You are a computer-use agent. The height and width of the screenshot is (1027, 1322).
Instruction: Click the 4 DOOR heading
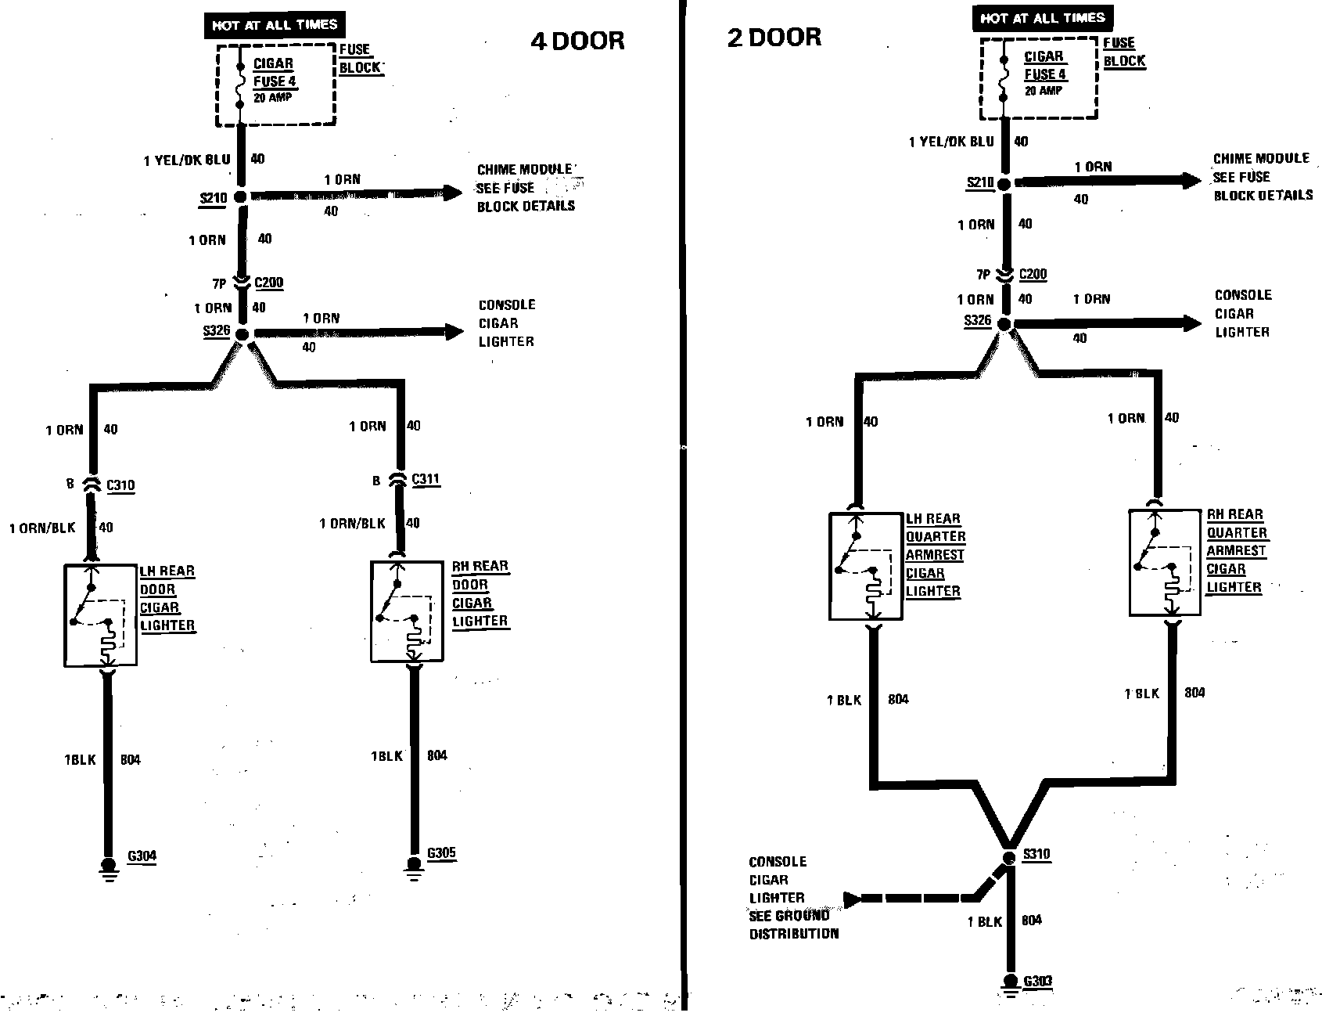click(577, 41)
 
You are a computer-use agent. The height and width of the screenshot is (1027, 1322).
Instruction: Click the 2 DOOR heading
click(774, 37)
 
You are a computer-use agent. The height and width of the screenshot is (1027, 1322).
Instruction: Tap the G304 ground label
click(142, 856)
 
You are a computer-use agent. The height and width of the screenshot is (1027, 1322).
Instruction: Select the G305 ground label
click(441, 853)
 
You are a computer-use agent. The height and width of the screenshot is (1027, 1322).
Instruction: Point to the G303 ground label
click(1038, 981)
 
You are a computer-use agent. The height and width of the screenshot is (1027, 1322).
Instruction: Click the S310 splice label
click(1036, 853)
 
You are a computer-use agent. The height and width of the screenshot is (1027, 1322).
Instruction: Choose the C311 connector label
click(425, 479)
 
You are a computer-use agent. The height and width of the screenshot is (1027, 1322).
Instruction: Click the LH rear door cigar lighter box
click(100, 614)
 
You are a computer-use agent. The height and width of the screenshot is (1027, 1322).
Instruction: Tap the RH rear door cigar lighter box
click(407, 611)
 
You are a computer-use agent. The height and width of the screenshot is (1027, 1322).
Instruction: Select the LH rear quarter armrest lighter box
click(865, 566)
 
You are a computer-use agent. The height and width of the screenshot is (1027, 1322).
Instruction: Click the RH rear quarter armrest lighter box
click(1166, 562)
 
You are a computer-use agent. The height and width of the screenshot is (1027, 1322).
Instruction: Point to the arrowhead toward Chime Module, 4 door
click(453, 193)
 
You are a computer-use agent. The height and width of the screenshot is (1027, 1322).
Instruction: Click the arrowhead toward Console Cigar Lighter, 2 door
click(1191, 323)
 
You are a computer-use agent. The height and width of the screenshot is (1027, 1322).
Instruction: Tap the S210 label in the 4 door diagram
click(214, 197)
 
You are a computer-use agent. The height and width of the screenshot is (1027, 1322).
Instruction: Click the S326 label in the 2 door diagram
click(978, 320)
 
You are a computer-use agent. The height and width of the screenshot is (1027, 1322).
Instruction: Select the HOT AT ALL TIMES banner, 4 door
click(274, 25)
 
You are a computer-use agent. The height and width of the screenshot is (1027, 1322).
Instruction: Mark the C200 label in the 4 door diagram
click(269, 283)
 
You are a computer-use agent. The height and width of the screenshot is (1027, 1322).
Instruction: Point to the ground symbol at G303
click(1009, 984)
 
